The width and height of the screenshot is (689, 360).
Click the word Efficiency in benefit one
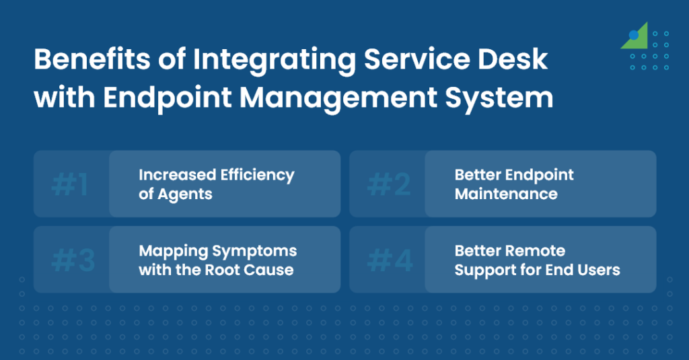tap(258, 176)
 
